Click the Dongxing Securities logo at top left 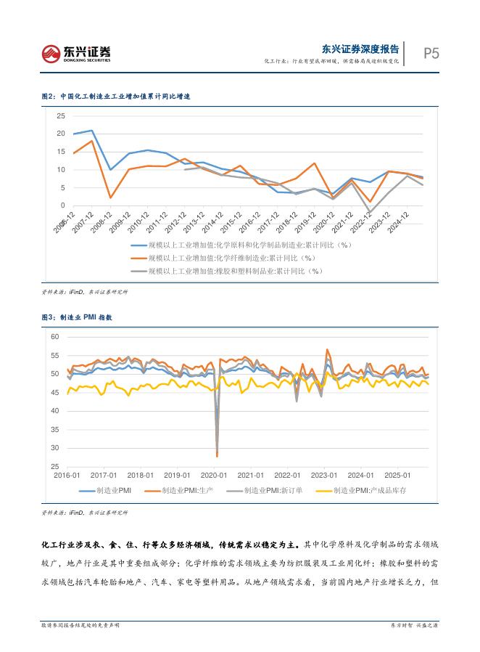coord(76,52)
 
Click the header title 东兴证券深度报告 coord(360,49)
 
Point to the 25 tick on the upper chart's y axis coord(60,115)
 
